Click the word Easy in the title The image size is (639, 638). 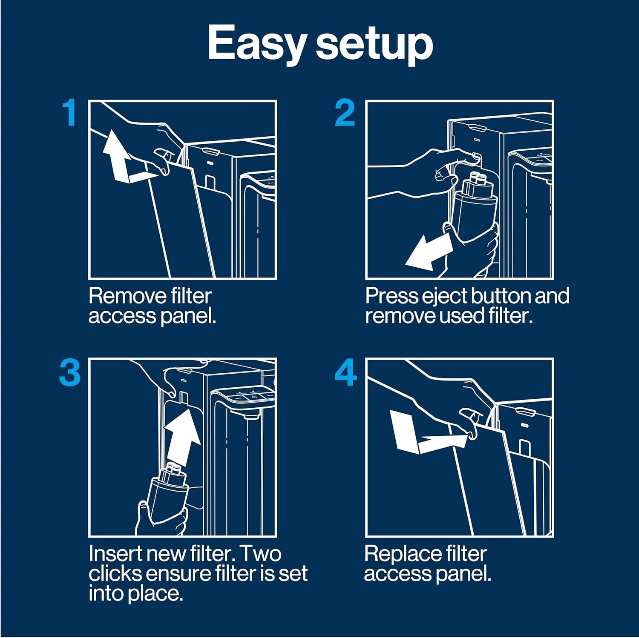click(x=257, y=43)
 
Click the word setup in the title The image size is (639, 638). click(x=374, y=43)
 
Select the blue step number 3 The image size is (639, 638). click(x=70, y=372)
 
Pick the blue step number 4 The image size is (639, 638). click(x=345, y=373)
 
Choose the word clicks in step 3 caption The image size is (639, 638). click(x=115, y=573)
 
